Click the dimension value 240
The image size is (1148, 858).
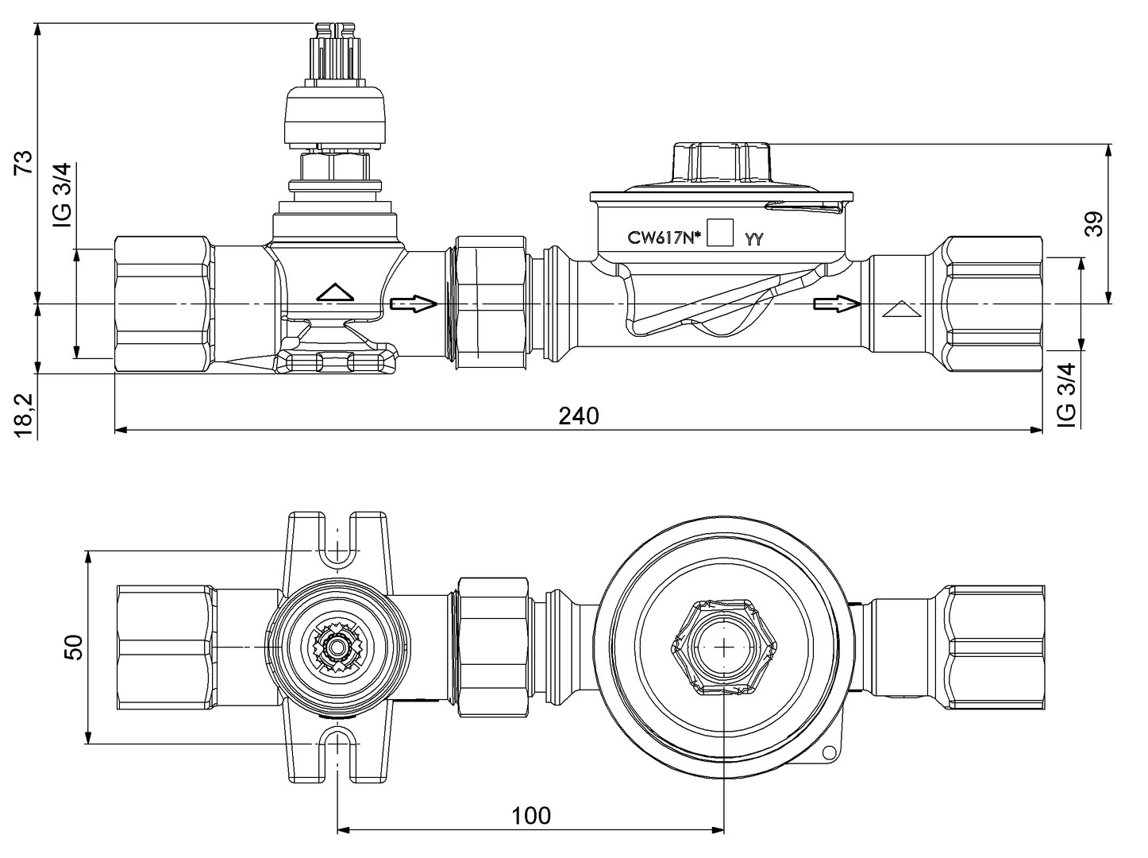point(578,415)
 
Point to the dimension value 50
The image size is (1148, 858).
point(73,647)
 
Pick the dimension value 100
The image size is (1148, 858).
point(530,815)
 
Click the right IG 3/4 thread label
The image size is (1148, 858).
point(1068,395)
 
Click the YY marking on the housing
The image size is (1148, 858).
point(753,238)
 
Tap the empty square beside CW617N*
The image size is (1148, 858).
point(720,234)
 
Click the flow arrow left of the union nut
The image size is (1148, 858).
point(414,303)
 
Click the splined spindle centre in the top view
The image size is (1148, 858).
point(339,647)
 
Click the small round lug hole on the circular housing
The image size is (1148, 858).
point(829,753)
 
